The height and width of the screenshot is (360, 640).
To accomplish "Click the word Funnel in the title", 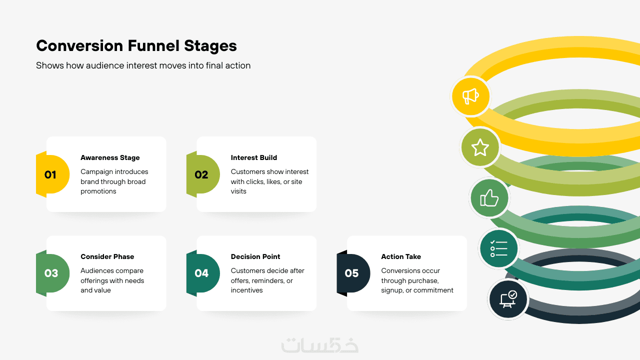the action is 153,45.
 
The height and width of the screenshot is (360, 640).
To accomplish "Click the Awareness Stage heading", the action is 110,157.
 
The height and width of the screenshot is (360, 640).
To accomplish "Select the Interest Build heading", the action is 253,157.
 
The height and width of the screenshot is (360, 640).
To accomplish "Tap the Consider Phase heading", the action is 107,256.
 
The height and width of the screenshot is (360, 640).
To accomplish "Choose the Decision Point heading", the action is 255,256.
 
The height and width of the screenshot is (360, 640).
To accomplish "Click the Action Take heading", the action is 401,256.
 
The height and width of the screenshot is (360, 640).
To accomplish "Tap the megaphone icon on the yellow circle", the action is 470,96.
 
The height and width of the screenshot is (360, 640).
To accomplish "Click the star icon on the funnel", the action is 480,147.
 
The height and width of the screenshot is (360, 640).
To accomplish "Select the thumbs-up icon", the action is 489,197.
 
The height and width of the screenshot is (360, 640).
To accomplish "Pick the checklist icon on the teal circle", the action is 499,248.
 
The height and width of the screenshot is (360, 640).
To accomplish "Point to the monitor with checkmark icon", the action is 508,299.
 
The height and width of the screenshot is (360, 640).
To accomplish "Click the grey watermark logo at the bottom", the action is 319,345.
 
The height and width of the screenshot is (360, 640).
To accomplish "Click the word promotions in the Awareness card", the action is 98,191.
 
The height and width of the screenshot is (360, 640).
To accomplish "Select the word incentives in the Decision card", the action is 246,290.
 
